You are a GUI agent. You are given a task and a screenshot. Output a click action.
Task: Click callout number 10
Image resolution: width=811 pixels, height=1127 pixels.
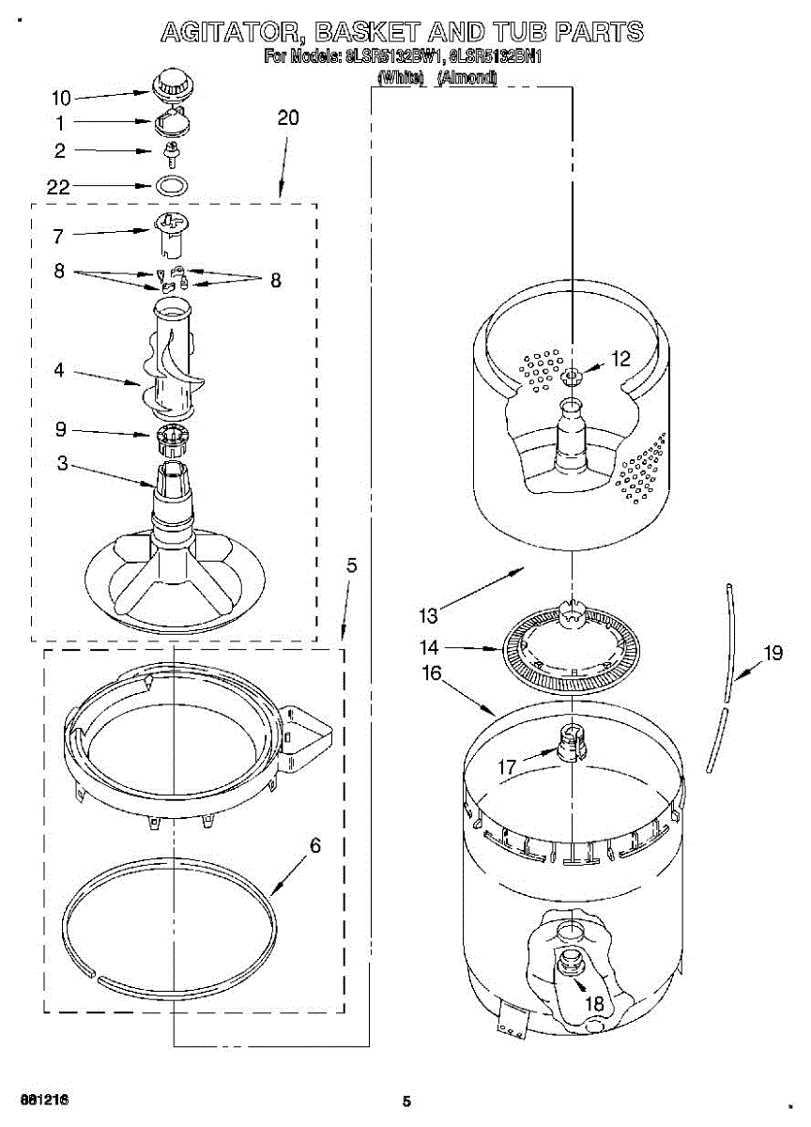61,98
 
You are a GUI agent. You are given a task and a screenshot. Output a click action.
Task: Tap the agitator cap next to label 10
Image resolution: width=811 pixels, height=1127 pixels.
170,83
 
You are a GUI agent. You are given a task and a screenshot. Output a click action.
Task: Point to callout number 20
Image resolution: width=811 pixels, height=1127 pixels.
288,117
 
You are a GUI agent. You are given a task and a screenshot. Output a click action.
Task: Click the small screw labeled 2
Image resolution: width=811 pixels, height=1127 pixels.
171,152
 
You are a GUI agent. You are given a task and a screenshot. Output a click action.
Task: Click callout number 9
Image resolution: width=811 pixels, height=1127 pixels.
60,430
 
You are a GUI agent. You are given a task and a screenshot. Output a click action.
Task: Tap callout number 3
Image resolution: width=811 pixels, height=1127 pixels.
61,463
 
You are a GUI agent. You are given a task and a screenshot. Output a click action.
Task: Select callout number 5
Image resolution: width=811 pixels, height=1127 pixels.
351,565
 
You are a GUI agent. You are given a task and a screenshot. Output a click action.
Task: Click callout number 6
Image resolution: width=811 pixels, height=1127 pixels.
315,846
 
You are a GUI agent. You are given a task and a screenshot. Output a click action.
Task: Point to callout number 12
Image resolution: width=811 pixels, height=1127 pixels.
621,358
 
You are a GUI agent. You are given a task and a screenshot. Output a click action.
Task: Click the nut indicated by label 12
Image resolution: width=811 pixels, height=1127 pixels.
572,377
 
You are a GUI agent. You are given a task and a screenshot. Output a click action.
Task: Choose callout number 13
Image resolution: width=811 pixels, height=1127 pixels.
428,616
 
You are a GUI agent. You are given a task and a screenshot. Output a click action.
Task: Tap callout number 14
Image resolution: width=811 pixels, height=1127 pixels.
429,647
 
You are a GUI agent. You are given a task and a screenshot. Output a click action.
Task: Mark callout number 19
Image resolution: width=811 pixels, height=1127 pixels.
773,654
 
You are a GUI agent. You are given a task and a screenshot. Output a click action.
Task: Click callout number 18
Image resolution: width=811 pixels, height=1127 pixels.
594,1003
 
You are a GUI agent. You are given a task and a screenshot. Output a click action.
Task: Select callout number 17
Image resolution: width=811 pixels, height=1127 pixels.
507,767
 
